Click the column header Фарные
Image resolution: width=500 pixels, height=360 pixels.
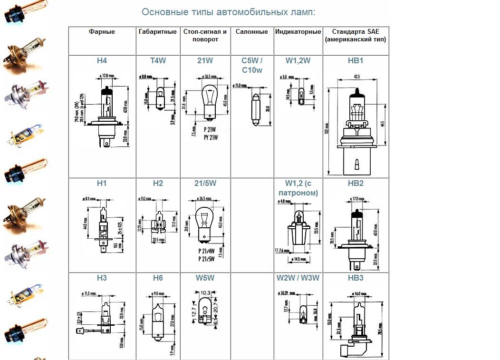tap(102, 32)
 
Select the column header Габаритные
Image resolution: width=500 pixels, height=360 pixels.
tap(158, 32)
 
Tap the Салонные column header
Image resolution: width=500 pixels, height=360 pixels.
tap(252, 32)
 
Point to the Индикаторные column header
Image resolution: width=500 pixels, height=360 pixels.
tap(298, 32)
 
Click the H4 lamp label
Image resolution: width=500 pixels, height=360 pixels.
tap(102, 61)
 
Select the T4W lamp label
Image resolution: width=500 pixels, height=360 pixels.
tap(158, 61)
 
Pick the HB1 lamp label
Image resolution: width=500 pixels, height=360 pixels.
tap(356, 61)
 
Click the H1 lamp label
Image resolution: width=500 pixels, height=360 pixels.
tap(102, 184)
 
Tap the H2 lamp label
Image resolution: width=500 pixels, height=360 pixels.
tap(158, 184)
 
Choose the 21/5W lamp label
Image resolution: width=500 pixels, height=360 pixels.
tap(205, 184)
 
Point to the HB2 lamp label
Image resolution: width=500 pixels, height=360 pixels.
tap(356, 184)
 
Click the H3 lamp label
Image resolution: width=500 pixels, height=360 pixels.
tap(102, 278)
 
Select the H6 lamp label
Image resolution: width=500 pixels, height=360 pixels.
tap(158, 278)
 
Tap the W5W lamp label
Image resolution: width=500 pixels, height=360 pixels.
tap(205, 278)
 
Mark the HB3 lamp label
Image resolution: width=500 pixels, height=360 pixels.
tap(356, 278)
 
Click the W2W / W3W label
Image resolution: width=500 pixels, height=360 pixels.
tap(298, 278)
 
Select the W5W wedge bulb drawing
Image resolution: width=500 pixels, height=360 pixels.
tap(205, 309)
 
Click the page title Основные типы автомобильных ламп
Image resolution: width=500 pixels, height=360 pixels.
tap(229, 12)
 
